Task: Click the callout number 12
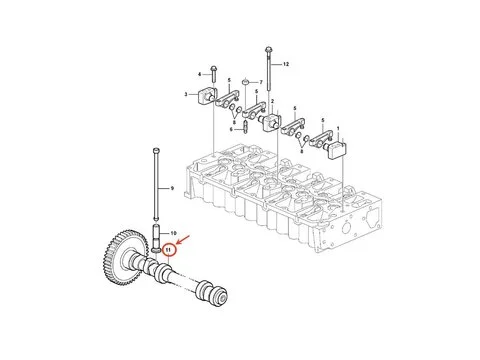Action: click(285, 64)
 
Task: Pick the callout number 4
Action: click(200, 74)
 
